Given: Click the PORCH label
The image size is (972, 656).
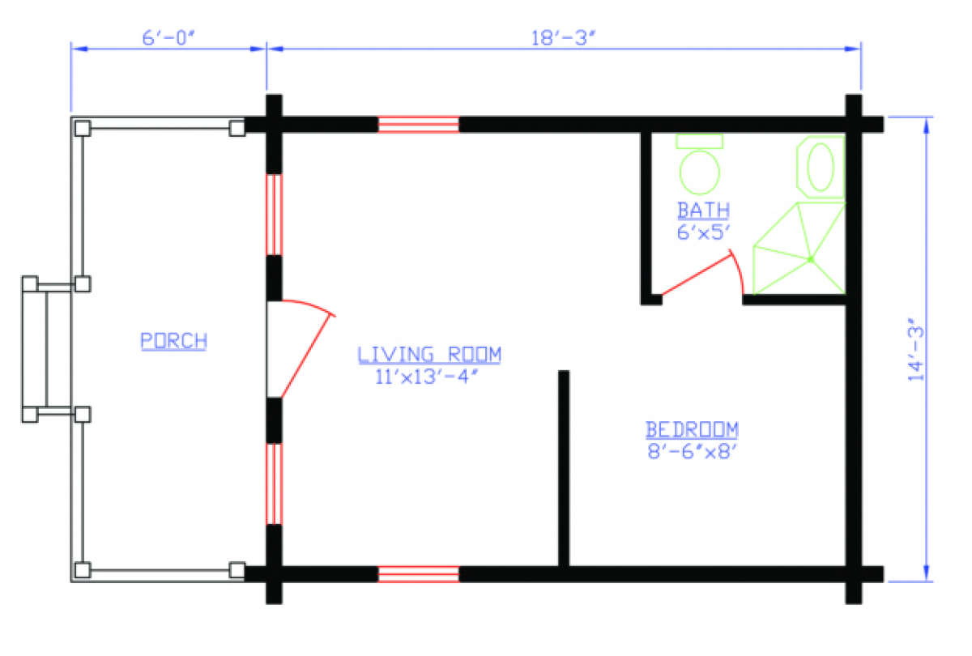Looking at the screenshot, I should pyautogui.click(x=173, y=341).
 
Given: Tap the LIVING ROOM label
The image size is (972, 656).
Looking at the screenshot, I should pyautogui.click(x=430, y=354).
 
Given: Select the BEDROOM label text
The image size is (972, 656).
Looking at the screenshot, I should pyautogui.click(x=692, y=428).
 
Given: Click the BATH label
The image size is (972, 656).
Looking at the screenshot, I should pyautogui.click(x=703, y=211).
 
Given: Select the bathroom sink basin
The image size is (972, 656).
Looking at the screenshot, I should pyautogui.click(x=821, y=167).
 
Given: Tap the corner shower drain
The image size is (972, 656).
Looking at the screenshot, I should pyautogui.click(x=809, y=259).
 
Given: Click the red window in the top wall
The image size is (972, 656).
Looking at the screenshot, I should pyautogui.click(x=419, y=125).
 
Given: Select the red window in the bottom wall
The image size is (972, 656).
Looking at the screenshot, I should pyautogui.click(x=419, y=574).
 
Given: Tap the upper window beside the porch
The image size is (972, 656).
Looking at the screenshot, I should pyautogui.click(x=275, y=215).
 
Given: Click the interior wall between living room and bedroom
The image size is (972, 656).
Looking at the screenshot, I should pyautogui.click(x=564, y=470).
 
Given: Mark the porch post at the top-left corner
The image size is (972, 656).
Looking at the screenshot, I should pyautogui.click(x=82, y=128).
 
